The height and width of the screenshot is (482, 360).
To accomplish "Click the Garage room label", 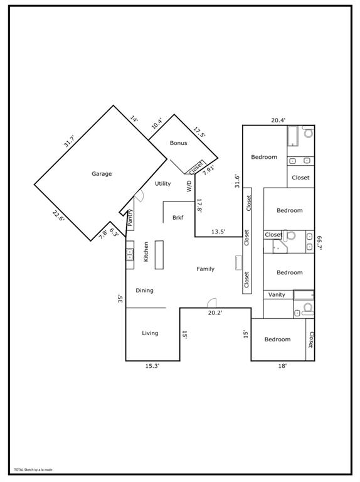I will [x=102, y=174].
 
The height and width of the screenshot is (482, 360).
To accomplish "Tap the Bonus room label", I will [x=178, y=143].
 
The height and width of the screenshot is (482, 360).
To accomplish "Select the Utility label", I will [x=163, y=183].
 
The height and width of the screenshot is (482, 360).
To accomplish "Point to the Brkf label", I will [x=177, y=218].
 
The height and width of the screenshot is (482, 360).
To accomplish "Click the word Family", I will [x=205, y=269].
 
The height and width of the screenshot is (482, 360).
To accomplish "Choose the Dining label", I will [x=144, y=291].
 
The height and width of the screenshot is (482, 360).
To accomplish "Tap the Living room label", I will [x=150, y=333].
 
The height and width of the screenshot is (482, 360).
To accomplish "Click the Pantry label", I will [x=130, y=217].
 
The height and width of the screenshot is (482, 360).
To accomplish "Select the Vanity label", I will [x=277, y=294].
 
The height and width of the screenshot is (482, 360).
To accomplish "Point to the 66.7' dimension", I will [x=319, y=243].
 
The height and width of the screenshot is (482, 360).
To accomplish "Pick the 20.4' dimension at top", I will [x=278, y=120].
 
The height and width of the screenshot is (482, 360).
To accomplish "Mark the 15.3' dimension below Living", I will [x=152, y=366].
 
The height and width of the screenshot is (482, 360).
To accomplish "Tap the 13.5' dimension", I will [x=218, y=232].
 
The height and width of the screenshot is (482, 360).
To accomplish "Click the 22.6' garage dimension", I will [x=58, y=215].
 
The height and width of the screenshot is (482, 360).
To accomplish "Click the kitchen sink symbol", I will [x=130, y=254].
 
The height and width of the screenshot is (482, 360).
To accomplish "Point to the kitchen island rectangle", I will [x=159, y=255].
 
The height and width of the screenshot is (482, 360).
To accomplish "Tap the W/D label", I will [x=189, y=186].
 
